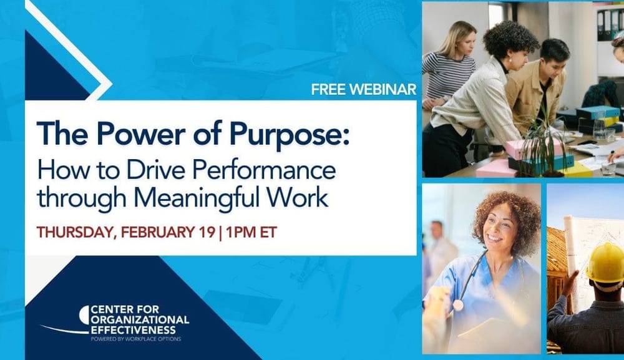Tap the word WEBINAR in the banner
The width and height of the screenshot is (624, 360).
(383, 89)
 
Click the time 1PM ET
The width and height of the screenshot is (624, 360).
(252, 232)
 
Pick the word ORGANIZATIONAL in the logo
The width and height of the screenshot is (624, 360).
(139, 319)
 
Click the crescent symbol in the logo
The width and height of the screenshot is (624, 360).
(84, 314)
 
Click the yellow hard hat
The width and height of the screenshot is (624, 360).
(605, 263)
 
